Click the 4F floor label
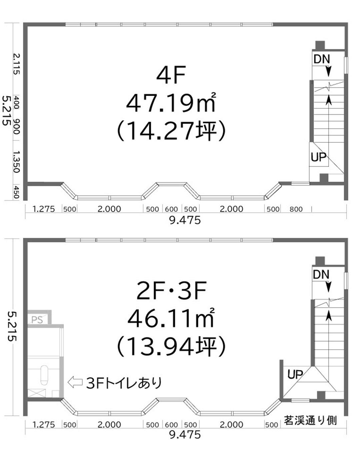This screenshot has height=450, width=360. point(171,76)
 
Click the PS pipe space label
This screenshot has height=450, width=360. point(37,320)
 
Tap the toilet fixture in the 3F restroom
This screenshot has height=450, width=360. point(44,375)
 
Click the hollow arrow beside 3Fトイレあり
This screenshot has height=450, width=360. point(75,382)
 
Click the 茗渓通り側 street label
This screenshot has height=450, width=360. point(310,420)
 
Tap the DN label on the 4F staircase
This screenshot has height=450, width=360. point(322,59)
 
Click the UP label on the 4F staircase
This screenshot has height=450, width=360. point(318,157)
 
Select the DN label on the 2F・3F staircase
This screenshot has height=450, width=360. point(321,275)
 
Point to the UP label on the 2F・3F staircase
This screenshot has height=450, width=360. point(295,375)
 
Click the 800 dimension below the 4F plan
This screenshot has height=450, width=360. point(296,209)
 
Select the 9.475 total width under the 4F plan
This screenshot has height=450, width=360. point(185,220)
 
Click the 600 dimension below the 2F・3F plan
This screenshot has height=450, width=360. point(171,425)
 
